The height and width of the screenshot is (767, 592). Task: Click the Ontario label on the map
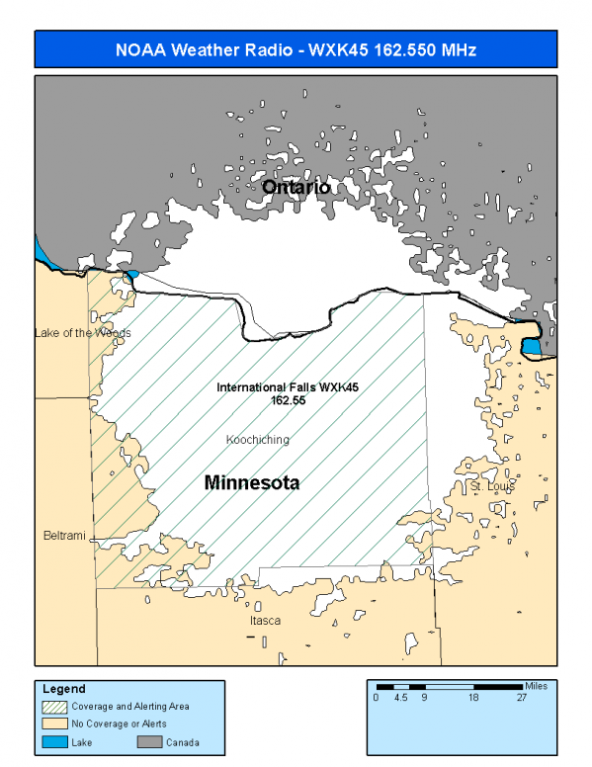[296, 187]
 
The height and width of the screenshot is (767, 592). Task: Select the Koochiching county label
[257, 439]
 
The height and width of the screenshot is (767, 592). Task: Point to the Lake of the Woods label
[82, 333]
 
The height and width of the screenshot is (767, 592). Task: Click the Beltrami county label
[63, 536]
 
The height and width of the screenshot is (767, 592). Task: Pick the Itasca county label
[265, 621]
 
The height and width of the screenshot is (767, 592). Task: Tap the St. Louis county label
[490, 486]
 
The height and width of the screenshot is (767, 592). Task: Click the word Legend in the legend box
[64, 689]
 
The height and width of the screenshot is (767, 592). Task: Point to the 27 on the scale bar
[521, 697]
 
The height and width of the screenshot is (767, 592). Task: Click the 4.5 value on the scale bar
[401, 697]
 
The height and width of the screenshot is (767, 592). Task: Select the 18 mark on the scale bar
[473, 697]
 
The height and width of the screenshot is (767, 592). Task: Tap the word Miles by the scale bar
[538, 684]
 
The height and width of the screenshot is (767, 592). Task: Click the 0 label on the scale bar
[377, 697]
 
